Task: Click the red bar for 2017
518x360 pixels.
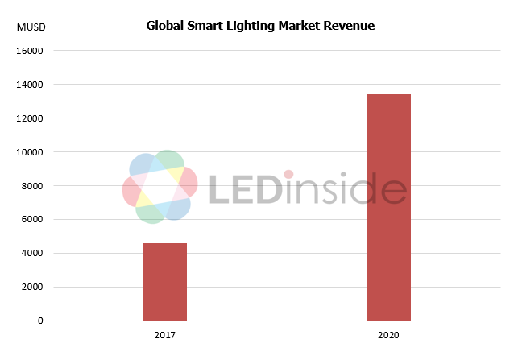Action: click(165, 282)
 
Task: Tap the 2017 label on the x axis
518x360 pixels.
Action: click(165, 333)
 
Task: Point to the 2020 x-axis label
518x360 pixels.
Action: click(388, 333)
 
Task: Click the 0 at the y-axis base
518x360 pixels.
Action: click(41, 321)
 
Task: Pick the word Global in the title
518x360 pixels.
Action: click(164, 26)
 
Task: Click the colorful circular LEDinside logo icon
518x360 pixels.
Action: click(160, 187)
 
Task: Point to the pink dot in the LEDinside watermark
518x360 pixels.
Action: click(288, 174)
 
